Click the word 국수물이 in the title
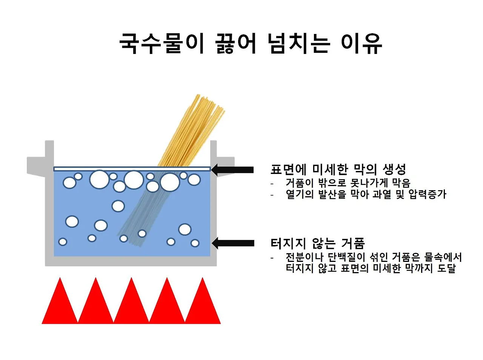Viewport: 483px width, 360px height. (162, 43)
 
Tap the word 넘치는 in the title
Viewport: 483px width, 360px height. (298, 43)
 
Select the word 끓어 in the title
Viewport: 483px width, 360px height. (236, 43)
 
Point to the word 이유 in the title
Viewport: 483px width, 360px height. (361, 43)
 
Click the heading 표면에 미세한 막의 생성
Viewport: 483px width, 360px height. (338, 169)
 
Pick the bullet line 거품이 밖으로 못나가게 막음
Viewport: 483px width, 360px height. (348, 183)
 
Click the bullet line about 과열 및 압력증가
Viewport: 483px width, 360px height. (366, 195)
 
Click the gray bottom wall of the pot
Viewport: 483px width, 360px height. (131, 261)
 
